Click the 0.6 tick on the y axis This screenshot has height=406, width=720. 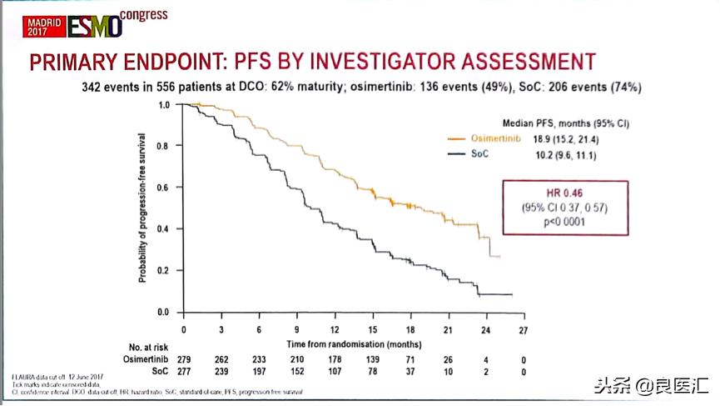(164, 188)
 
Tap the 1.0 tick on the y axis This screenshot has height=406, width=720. (164, 105)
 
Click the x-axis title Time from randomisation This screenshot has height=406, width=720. (353, 343)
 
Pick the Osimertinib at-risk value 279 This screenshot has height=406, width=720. (183, 358)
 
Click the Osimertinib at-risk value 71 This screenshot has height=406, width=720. (410, 358)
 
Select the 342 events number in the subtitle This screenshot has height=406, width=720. (90, 86)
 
